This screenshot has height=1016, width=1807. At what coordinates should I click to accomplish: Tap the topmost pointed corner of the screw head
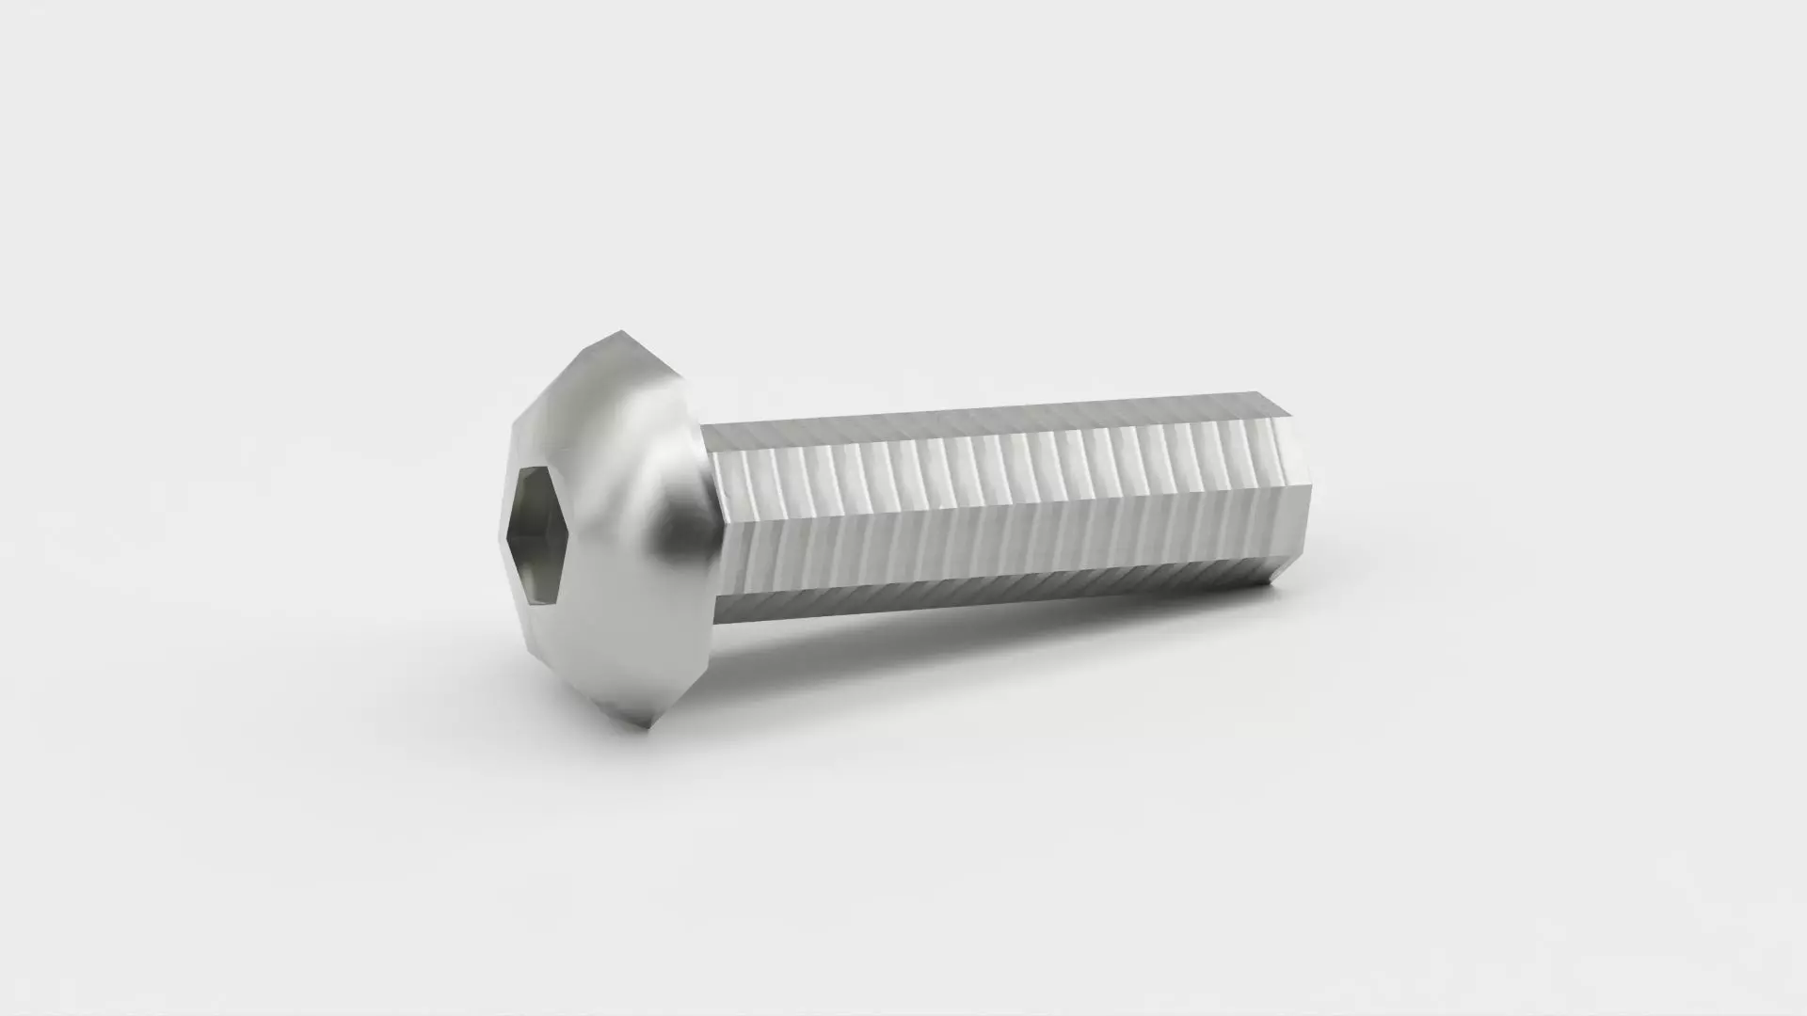click(x=620, y=331)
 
